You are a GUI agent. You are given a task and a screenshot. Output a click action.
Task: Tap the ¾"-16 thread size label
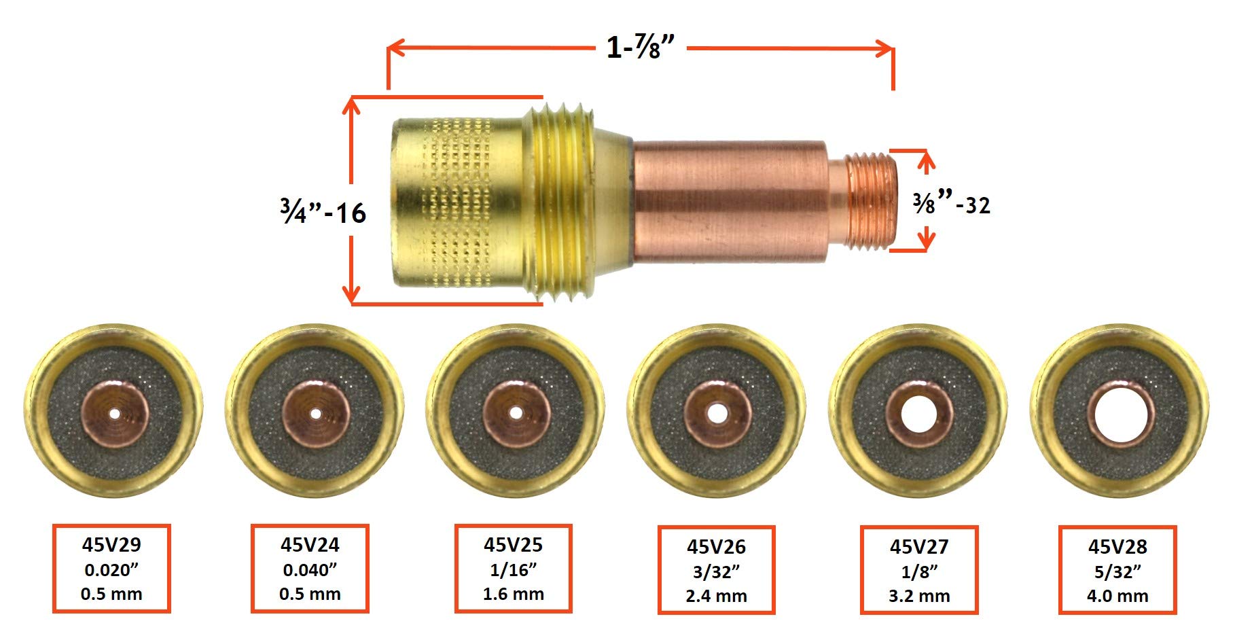(323, 213)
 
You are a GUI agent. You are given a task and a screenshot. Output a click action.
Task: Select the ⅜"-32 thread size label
(951, 204)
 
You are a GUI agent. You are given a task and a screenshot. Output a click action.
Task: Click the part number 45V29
(111, 545)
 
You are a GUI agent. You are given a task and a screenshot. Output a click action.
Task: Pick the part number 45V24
(310, 545)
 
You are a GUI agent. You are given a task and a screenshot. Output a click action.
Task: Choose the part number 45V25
(513, 545)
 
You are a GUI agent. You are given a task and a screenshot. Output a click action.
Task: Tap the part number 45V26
(716, 547)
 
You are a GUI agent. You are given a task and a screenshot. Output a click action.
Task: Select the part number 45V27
(918, 547)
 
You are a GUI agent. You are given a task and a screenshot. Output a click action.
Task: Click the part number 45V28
(1117, 547)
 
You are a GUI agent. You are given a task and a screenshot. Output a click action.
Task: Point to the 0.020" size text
(111, 570)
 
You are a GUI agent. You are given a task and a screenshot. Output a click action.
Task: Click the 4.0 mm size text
(1117, 597)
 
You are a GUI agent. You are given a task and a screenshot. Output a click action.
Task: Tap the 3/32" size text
(716, 572)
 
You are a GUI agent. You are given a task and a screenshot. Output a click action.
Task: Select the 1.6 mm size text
(513, 594)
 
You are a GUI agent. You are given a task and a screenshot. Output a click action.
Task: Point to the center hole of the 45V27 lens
(918, 414)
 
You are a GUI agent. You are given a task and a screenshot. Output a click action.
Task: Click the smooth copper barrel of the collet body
(730, 202)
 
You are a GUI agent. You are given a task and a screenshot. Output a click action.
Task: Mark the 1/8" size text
(918, 572)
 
